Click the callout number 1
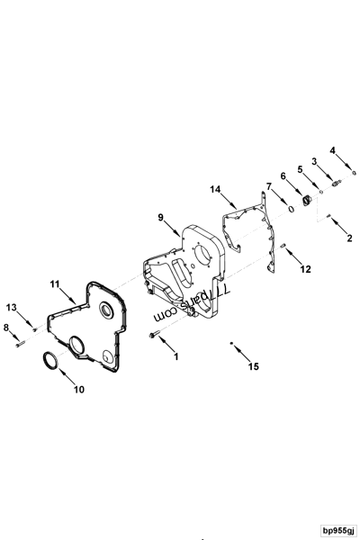tap(176, 356)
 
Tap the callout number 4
tap(332, 150)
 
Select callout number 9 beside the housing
tap(162, 218)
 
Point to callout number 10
tap(78, 390)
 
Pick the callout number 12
tap(305, 268)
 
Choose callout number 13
tap(12, 308)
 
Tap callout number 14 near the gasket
tap(216, 190)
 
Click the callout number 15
tap(253, 366)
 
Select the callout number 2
tap(349, 238)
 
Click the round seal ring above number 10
tap(49, 362)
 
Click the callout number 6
tap(282, 175)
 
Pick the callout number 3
tap(315, 161)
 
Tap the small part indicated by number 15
tap(232, 343)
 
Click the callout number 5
tap(301, 168)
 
